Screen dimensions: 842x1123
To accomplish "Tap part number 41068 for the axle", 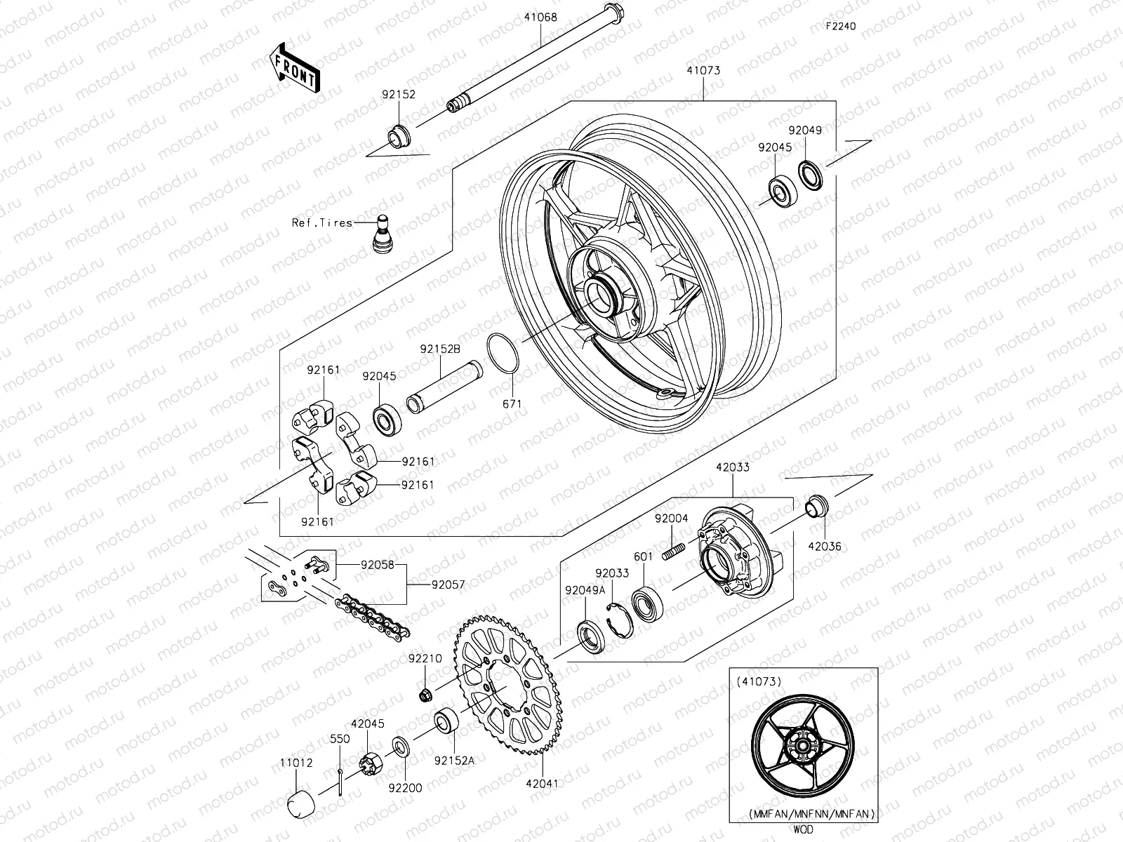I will [539, 18].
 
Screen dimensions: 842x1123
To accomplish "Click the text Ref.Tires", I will [322, 222].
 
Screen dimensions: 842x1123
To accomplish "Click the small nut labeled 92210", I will [424, 695].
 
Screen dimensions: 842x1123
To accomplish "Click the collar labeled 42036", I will [816, 505].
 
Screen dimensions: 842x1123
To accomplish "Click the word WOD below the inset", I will [805, 830].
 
